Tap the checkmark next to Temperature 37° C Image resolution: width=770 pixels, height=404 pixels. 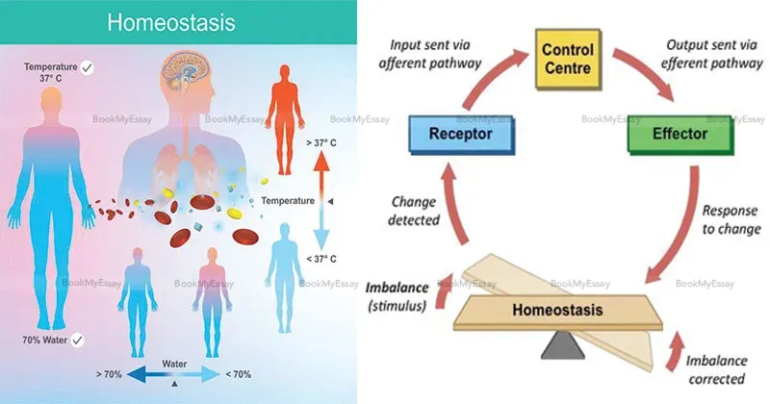(x=89, y=66)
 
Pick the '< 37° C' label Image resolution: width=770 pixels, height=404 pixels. (x=321, y=259)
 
